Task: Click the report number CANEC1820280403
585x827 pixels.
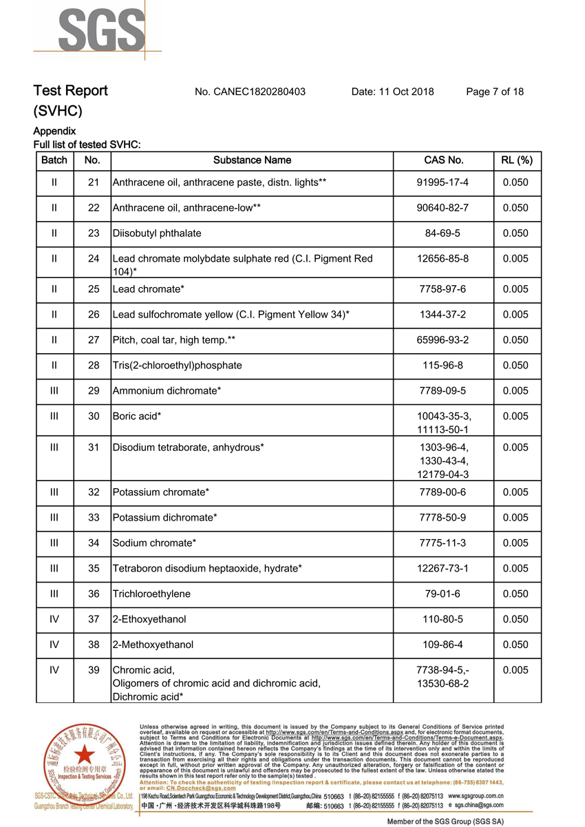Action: point(250,92)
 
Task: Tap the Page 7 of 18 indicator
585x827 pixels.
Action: point(494,92)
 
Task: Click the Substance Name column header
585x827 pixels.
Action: point(252,160)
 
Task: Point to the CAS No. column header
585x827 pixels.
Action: point(443,160)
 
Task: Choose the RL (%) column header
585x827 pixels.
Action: point(515,160)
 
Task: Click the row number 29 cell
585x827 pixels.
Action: point(94,391)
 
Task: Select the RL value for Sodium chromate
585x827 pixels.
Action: point(515,543)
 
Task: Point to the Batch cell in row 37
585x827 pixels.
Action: point(54,620)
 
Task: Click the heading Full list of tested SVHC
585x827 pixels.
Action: point(87,145)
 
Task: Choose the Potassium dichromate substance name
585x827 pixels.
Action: point(164,518)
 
